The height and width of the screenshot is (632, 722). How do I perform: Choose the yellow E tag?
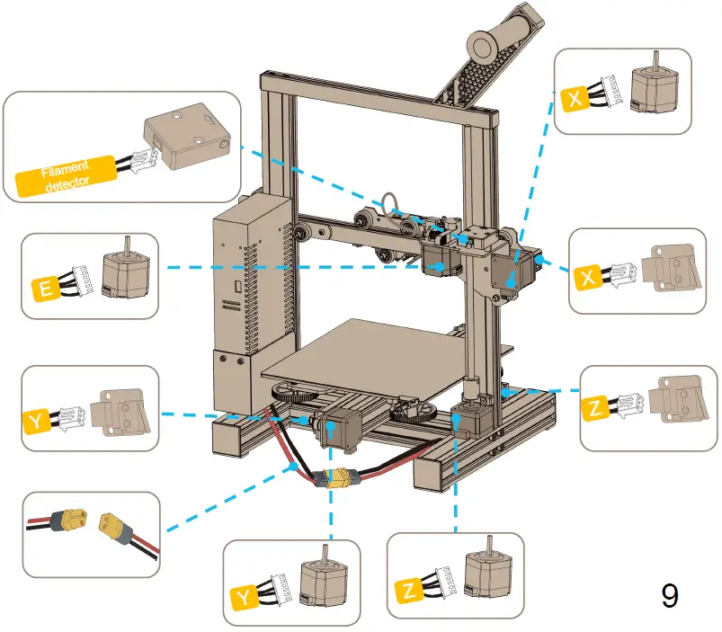click(42, 289)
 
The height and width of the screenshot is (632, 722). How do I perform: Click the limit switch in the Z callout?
click(670, 402)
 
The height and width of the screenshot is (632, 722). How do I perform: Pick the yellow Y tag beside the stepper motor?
click(243, 596)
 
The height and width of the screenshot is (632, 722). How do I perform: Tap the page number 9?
click(670, 596)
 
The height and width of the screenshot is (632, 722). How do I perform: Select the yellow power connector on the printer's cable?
click(341, 479)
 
